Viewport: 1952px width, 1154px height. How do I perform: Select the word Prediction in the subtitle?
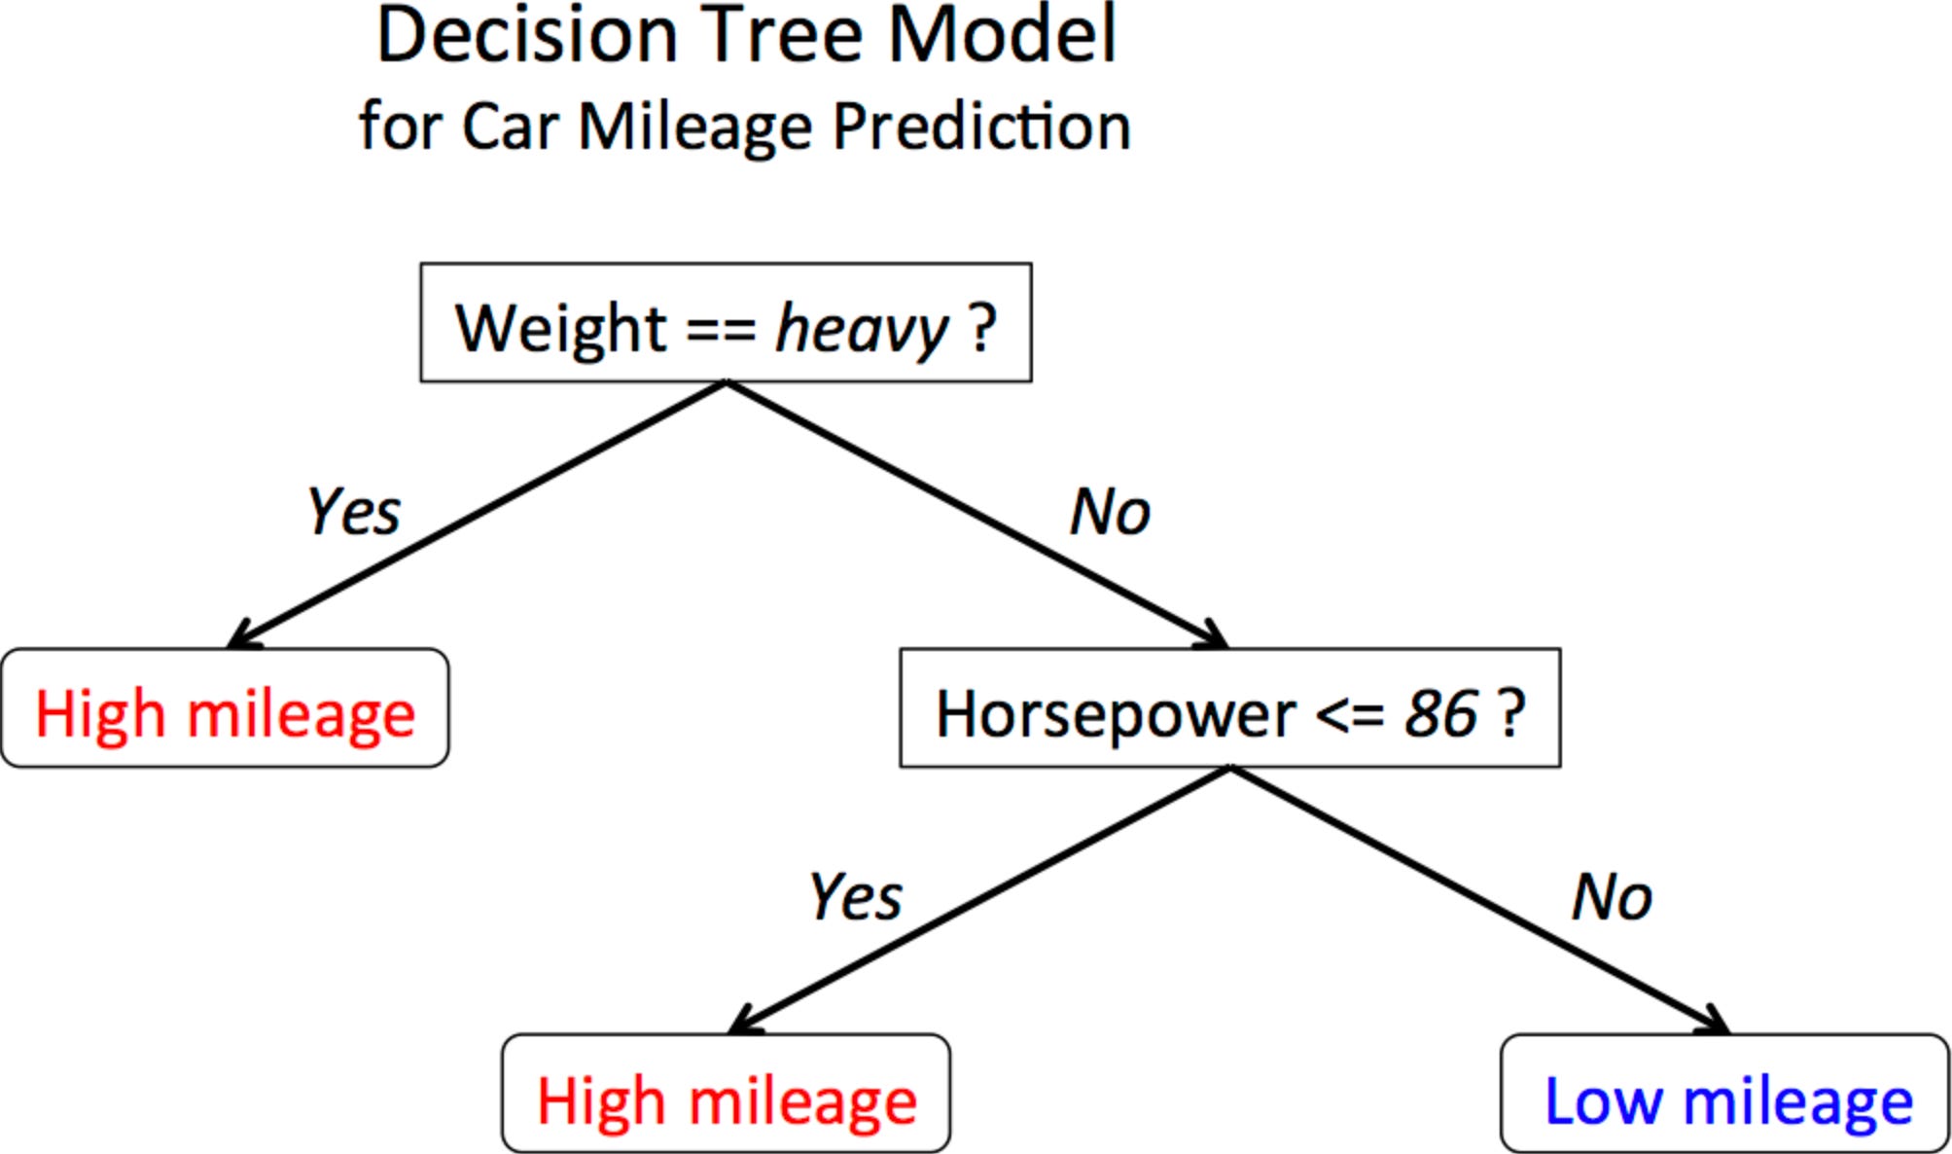(981, 126)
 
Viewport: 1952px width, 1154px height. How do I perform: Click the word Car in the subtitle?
(510, 126)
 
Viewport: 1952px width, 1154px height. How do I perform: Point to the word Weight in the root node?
(560, 328)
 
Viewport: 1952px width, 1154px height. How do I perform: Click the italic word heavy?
(861, 329)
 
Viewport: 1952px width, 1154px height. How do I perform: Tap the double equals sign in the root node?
(721, 329)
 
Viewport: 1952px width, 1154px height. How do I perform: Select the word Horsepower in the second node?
(1116, 714)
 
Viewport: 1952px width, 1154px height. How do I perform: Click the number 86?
(1440, 714)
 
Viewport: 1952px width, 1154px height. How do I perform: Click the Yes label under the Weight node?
(353, 512)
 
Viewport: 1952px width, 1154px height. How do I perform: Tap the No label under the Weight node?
(1110, 512)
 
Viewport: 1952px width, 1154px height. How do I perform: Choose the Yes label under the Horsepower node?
(855, 896)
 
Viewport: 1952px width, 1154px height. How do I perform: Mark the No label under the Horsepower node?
(1612, 896)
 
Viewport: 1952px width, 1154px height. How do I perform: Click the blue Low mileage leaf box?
(1724, 1095)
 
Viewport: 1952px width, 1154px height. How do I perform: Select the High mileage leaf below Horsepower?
(727, 1095)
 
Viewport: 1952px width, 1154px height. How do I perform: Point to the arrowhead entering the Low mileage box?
(1718, 1023)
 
